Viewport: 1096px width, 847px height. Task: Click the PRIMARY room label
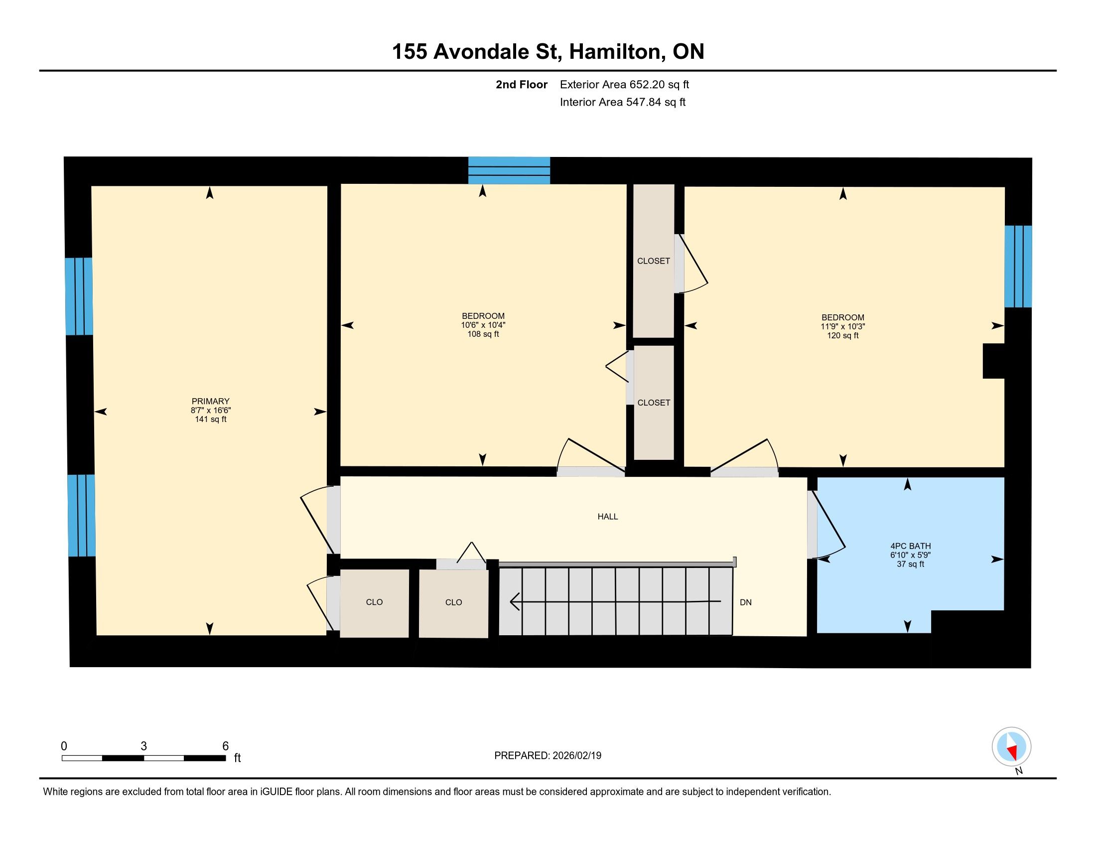[x=211, y=402]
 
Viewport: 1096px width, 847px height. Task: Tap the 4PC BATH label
[x=910, y=546]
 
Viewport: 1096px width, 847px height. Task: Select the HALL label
[x=608, y=516]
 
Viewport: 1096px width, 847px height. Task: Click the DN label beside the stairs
[x=746, y=602]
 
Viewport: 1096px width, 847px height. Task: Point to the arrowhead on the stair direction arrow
[x=515, y=601]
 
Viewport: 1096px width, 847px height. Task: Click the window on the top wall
[x=509, y=170]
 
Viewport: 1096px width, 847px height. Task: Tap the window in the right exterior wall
[x=1018, y=267]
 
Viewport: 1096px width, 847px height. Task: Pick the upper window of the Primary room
[x=79, y=296]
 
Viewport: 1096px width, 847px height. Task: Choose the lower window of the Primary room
[x=81, y=515]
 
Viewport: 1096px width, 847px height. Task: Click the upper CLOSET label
[x=654, y=261]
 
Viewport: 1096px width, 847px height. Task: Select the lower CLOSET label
[x=654, y=403]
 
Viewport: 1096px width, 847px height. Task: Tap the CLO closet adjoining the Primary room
[x=374, y=603]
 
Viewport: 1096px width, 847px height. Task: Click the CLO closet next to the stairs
[x=454, y=603]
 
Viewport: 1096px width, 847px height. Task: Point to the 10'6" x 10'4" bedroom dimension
[x=483, y=325]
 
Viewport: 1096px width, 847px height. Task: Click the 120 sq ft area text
[x=843, y=336]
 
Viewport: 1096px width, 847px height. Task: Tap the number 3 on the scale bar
[x=143, y=746]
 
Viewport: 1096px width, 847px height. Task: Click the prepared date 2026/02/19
[x=576, y=756]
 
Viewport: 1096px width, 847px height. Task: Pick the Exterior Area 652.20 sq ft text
[x=624, y=84]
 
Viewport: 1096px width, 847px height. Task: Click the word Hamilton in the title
[x=615, y=52]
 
